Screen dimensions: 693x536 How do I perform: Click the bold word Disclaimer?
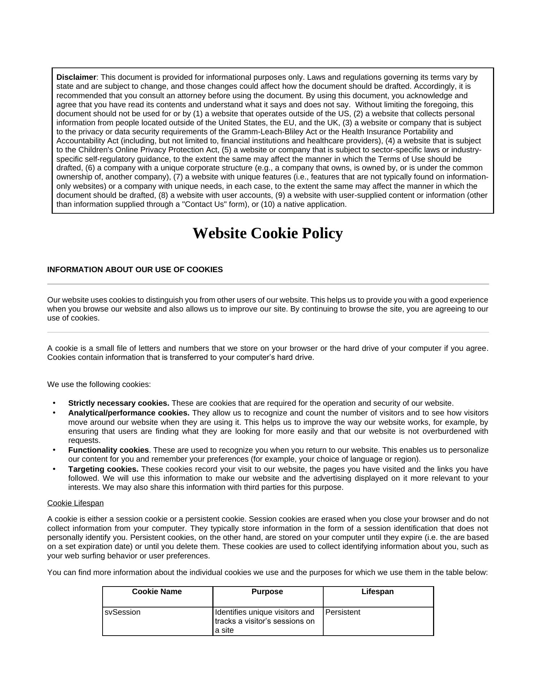tap(76, 77)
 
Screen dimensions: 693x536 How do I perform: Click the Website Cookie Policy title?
tap(268, 233)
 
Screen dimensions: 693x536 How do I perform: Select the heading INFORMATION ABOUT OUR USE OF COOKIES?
tap(135, 270)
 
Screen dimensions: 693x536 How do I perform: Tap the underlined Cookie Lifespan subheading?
tap(75, 503)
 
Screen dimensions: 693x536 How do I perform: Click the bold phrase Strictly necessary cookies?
tap(118, 403)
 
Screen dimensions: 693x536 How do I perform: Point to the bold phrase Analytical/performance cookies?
tap(129, 413)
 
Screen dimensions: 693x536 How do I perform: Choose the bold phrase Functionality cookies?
tap(108, 450)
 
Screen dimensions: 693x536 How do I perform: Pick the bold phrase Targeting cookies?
tap(103, 469)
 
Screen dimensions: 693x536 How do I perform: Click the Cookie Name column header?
tap(157, 592)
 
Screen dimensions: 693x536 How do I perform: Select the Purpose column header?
tap(267, 592)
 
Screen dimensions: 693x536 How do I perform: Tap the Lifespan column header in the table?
tap(377, 592)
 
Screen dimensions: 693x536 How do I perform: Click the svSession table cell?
tap(122, 612)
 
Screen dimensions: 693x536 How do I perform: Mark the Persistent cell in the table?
tap(343, 612)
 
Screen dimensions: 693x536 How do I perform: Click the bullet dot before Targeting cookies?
tap(54, 469)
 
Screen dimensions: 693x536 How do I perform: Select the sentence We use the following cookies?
tap(99, 384)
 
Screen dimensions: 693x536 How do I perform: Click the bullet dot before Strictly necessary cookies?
tap(54, 403)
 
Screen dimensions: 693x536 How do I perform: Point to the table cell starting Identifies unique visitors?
tap(265, 621)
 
